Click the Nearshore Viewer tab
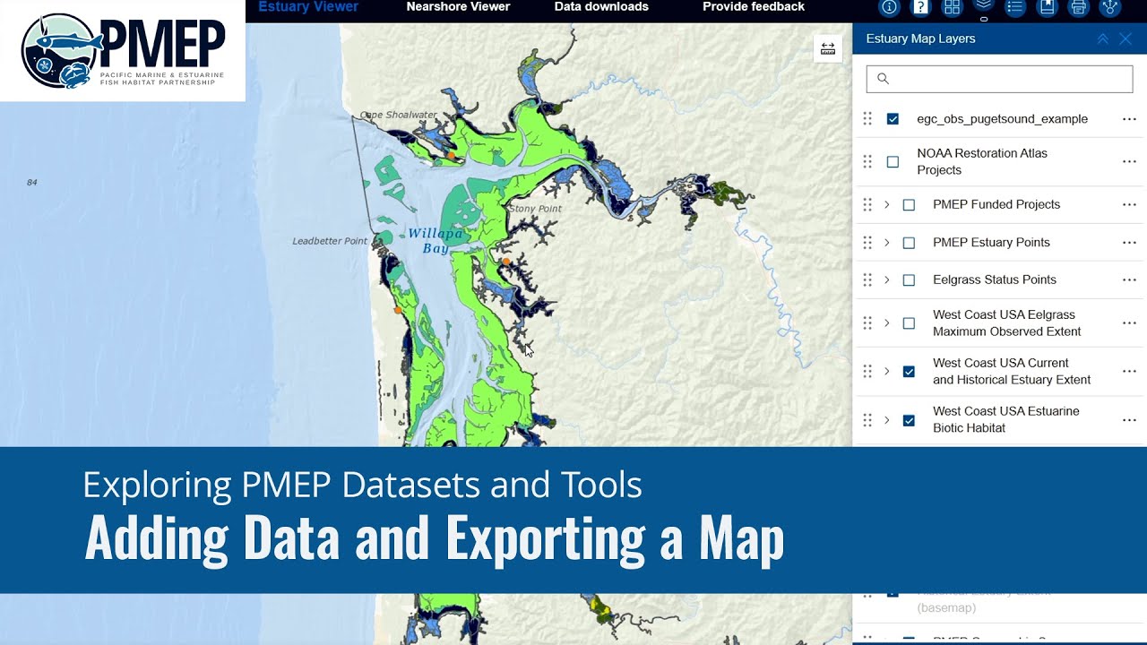tap(458, 7)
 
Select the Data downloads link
tap(601, 7)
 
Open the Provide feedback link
tap(753, 7)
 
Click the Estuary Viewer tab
tap(308, 7)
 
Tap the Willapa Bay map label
tap(436, 240)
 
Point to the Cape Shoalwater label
tap(399, 115)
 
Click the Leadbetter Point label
tap(330, 241)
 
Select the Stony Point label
tap(535, 209)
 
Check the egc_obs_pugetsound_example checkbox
tap(893, 118)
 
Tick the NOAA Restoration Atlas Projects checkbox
tap(893, 162)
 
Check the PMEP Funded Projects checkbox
tap(909, 204)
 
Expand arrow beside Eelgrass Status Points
tap(887, 279)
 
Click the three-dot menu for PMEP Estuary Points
tap(1129, 242)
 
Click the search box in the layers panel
tap(999, 79)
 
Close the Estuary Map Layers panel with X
tap(1125, 39)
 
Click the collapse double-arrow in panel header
tap(1102, 39)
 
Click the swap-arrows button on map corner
tap(827, 48)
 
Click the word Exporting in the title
tap(545, 538)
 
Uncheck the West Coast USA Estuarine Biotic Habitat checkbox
tap(909, 419)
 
